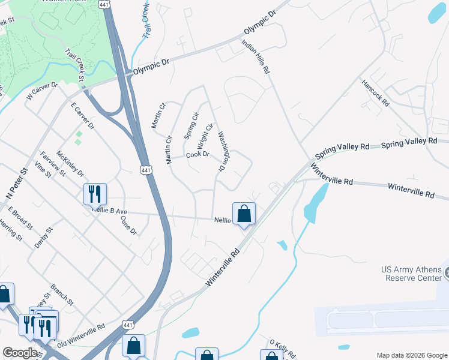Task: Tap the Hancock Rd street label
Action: coord(375,92)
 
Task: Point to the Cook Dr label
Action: coord(197,155)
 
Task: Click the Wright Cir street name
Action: coord(205,136)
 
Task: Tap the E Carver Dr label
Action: coord(83,116)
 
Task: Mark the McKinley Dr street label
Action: coord(70,164)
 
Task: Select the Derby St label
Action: coord(44,241)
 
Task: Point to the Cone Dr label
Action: coord(129,225)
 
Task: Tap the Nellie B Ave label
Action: coord(110,211)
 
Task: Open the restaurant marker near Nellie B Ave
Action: coord(95,193)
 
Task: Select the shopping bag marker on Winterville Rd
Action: coord(244,213)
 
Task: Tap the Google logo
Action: coord(20,353)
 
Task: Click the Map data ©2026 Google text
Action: coord(412,355)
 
